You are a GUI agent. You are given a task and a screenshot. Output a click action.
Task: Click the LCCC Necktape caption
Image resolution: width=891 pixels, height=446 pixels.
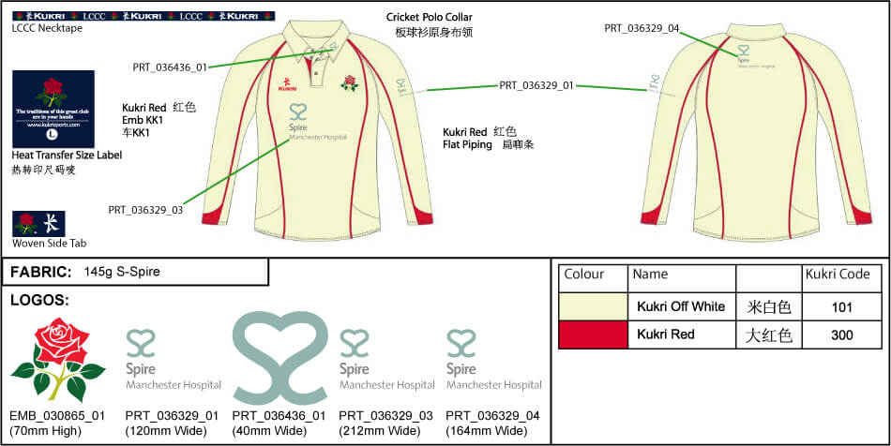[x=47, y=28]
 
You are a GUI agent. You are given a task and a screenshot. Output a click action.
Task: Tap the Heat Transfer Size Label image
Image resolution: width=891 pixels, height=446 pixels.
[x=53, y=108]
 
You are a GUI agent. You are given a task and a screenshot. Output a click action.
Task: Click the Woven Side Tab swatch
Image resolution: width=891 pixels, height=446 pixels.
[x=26, y=224]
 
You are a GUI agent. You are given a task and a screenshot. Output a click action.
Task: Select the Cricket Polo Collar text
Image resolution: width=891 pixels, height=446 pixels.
[x=430, y=18]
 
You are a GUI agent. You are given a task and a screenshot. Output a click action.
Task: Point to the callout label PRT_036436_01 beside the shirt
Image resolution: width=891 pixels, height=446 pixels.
[x=170, y=67]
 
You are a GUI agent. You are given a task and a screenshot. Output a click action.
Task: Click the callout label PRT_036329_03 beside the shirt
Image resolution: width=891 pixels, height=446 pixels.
[x=145, y=209]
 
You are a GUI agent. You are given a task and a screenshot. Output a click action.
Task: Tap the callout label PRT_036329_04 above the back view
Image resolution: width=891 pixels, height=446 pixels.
[x=642, y=28]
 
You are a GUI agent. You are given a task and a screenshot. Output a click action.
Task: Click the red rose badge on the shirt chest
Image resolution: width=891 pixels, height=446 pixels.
[x=350, y=82]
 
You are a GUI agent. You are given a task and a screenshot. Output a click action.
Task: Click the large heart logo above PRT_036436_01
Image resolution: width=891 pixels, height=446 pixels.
[x=279, y=357]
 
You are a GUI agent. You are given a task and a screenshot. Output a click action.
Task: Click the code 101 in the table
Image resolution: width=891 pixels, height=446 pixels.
[x=841, y=306]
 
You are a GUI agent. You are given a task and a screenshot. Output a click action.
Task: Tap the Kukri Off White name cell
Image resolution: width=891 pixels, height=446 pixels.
[x=681, y=306]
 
